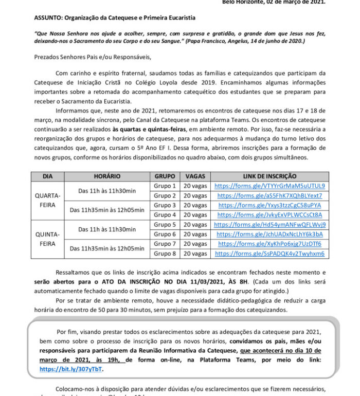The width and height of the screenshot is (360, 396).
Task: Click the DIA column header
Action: [48, 176]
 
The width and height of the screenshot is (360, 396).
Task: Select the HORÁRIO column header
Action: [107, 176]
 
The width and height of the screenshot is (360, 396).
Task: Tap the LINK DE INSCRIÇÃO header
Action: [270, 176]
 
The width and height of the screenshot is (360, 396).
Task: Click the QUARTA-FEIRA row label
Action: [48, 200]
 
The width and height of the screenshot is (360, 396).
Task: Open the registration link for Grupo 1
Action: [269, 186]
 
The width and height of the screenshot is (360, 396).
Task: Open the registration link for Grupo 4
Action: [269, 214]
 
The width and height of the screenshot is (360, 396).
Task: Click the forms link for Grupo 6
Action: [269, 234]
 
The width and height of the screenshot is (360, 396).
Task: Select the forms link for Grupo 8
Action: [269, 254]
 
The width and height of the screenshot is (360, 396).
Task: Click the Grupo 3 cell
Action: [165, 205]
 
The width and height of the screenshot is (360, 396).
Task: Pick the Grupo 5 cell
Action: [165, 225]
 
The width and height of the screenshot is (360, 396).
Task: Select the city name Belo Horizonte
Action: [244, 2]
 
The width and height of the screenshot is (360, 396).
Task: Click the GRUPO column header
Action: [165, 176]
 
